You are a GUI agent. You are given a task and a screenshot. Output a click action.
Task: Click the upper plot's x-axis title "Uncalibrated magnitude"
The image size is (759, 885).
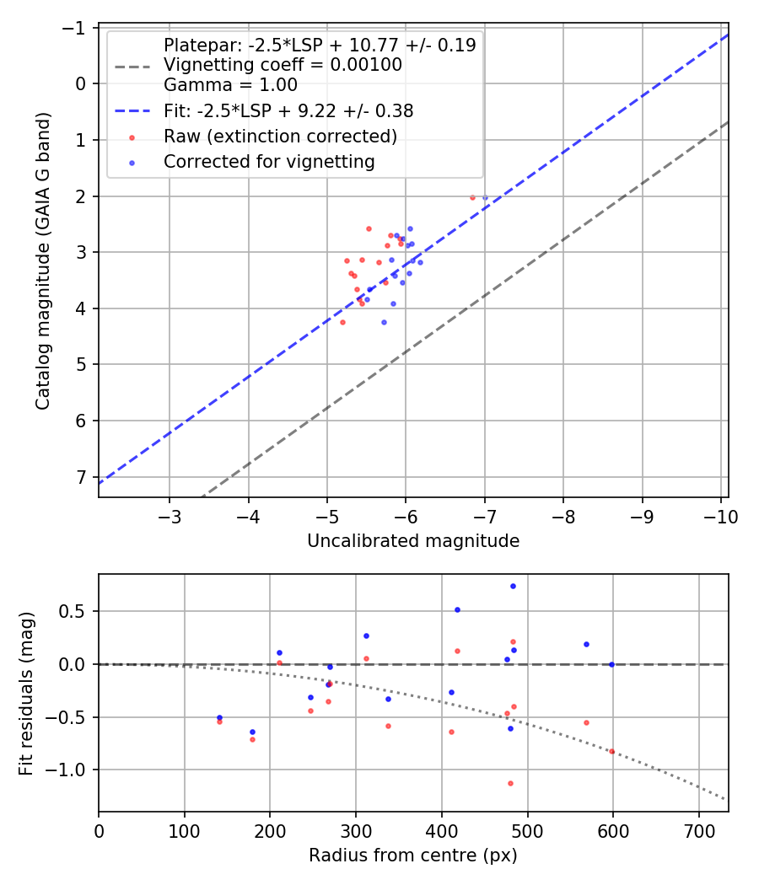click(412, 540)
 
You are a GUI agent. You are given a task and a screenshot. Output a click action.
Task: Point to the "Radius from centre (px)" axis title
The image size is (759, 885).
click(412, 855)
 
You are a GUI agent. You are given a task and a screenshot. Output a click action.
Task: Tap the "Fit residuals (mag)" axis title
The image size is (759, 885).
click(26, 693)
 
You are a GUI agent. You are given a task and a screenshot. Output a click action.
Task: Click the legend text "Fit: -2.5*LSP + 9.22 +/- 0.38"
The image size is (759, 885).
click(288, 110)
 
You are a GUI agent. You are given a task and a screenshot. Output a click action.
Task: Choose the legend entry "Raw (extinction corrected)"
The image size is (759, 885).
click(280, 136)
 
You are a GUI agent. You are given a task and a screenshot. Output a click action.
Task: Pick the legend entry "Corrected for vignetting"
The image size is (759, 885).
click(269, 161)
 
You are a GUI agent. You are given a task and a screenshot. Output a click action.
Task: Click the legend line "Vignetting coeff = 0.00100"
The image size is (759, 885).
click(283, 64)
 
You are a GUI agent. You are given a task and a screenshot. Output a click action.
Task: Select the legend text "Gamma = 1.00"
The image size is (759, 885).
click(230, 83)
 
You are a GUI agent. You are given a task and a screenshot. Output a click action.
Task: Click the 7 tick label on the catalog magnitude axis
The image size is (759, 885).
click(80, 477)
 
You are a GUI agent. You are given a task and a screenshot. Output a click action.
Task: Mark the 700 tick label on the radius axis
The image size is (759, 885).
click(699, 830)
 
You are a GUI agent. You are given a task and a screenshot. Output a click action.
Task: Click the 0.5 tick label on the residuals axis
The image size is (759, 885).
click(75, 611)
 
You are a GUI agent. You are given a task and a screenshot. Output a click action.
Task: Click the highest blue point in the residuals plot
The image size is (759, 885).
click(513, 586)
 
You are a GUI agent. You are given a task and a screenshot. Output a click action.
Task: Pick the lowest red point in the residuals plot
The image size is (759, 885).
click(510, 783)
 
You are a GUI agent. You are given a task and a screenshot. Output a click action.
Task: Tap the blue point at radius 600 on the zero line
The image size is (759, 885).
click(612, 664)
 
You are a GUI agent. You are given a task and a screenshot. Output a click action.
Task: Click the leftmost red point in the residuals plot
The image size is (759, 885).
click(219, 721)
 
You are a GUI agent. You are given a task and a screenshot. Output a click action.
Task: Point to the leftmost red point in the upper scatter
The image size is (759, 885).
click(342, 322)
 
